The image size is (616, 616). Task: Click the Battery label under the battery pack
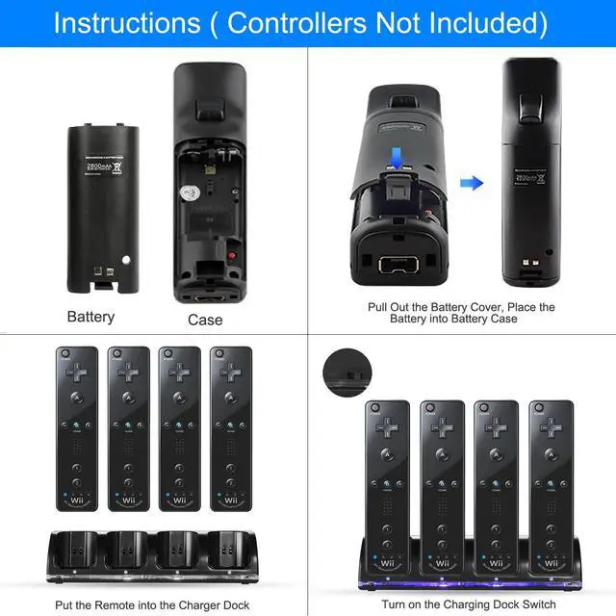(90, 317)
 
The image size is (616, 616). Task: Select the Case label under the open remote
(205, 320)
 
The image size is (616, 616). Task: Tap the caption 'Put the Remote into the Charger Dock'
(153, 604)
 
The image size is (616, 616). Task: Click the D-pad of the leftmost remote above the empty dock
(77, 370)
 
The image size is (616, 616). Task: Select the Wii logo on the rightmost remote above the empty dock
(231, 500)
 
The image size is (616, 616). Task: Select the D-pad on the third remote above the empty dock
(179, 370)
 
